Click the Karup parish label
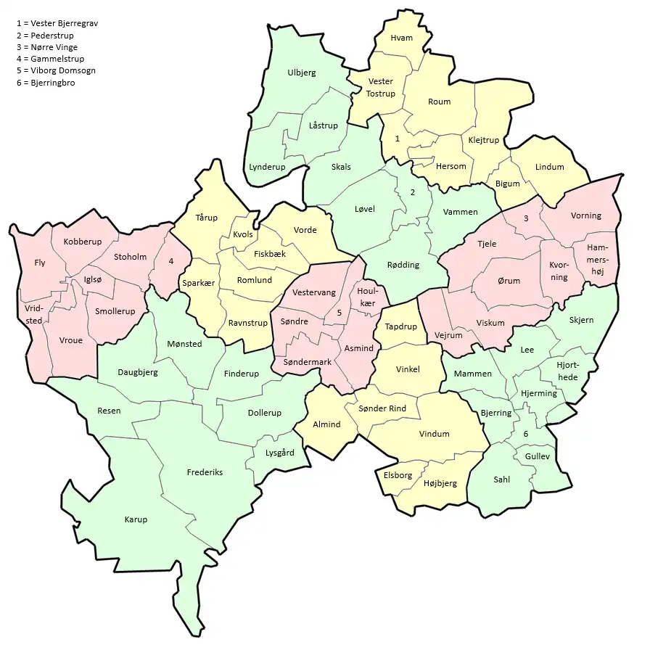(x=136, y=519)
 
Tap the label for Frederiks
(x=205, y=472)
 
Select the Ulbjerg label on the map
(x=301, y=73)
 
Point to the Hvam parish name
(x=401, y=38)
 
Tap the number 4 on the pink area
(x=171, y=261)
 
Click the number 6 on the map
(x=525, y=434)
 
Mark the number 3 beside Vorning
(x=526, y=218)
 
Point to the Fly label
(x=40, y=263)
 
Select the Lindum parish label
(x=549, y=167)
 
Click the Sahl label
(x=502, y=480)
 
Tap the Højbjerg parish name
(x=440, y=483)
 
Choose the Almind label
(x=326, y=424)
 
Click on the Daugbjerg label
(x=137, y=372)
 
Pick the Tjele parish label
(x=487, y=244)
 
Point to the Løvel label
(x=364, y=209)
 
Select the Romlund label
(x=254, y=279)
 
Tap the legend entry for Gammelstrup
(x=52, y=59)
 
